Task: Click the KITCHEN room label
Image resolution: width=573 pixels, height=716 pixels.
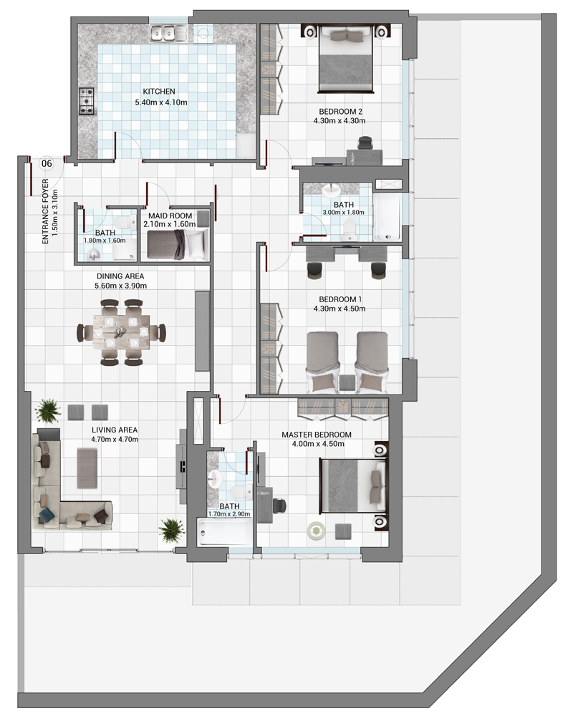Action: [158, 92]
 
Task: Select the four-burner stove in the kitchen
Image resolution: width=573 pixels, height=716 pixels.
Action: [87, 101]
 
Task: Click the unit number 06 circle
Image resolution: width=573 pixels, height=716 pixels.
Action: [47, 163]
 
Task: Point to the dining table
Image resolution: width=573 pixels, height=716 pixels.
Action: [122, 332]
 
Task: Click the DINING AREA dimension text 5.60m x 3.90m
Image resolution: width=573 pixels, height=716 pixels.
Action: [120, 286]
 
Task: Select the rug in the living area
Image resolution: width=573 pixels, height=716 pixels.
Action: [87, 468]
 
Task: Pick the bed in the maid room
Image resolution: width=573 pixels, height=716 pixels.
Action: [178, 245]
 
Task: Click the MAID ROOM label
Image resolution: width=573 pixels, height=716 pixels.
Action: [170, 216]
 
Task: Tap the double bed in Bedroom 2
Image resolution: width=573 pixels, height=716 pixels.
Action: [346, 59]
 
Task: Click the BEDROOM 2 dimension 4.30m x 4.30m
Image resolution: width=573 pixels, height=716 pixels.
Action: [340, 121]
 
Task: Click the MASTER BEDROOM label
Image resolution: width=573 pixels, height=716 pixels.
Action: [317, 435]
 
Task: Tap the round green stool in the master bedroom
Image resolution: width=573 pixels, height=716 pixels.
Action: [316, 531]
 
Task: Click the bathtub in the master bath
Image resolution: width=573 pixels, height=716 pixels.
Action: [224, 532]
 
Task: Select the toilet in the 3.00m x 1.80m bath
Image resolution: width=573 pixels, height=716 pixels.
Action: [350, 229]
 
